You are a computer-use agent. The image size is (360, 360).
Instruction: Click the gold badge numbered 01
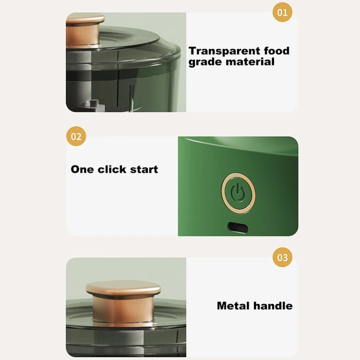[x=282, y=12]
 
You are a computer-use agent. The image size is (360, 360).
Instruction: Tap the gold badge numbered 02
[x=76, y=136]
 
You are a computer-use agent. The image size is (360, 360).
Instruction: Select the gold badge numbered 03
[x=282, y=257]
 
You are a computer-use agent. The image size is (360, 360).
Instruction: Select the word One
[x=83, y=169]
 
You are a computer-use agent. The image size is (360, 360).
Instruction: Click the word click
[x=114, y=169]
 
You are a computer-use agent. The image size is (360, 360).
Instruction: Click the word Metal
[x=234, y=305]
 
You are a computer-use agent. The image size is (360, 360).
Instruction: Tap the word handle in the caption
[x=273, y=305]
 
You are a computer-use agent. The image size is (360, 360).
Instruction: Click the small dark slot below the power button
[x=238, y=225]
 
